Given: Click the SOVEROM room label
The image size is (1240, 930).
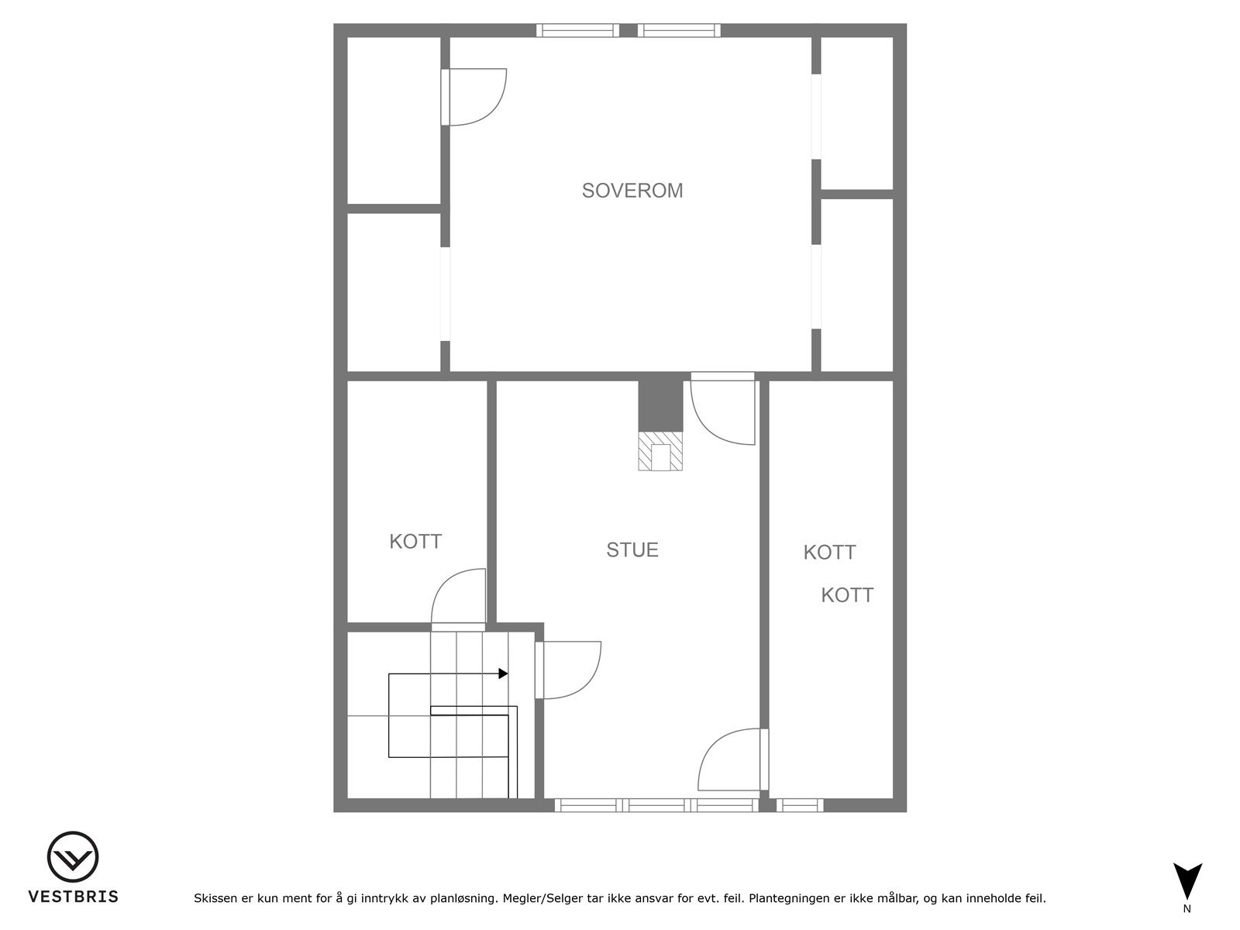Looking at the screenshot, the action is (632, 191).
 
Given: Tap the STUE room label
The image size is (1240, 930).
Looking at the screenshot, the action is (632, 550).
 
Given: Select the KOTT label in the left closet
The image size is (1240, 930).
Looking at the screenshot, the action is (415, 542).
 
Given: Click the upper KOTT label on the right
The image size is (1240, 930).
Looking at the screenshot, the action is (829, 552).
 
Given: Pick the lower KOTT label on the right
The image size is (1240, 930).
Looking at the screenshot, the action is (847, 594).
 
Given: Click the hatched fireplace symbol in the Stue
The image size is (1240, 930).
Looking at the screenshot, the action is (660, 451).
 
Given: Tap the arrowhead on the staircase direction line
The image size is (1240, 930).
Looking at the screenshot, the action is (503, 673).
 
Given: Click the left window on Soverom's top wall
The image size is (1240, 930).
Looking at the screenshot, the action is (577, 30).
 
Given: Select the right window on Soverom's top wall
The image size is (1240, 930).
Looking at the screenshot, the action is (679, 30).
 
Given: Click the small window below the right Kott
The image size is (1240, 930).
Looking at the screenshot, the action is (799, 805).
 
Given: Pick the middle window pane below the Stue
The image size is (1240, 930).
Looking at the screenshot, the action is (656, 805).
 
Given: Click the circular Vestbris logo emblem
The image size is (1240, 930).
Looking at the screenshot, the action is (73, 857).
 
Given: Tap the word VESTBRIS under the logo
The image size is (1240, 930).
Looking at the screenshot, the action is (74, 897).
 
